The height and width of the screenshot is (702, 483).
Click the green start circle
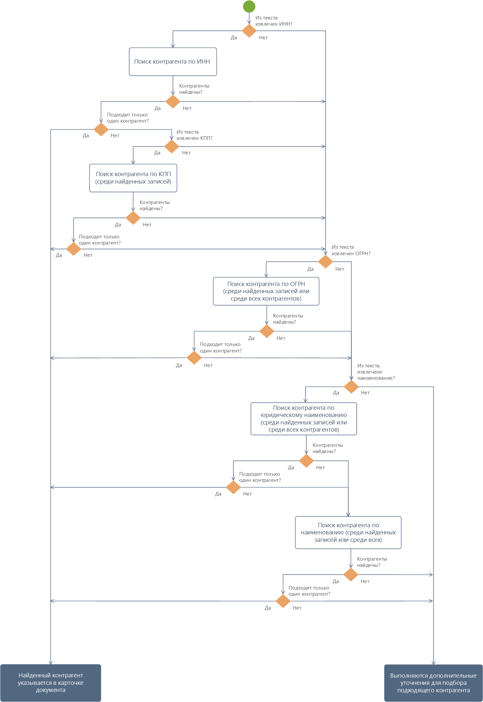[x=249, y=6]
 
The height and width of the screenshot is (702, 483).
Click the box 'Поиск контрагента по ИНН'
[x=173, y=62]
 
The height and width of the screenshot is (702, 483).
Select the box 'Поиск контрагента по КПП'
[x=133, y=178]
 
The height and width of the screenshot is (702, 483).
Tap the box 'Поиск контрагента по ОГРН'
[x=266, y=291]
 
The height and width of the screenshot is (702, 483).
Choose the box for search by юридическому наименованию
[x=304, y=419]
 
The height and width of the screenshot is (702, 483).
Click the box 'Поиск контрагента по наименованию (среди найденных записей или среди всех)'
[x=348, y=532]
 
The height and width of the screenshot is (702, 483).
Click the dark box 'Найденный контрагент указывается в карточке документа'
[x=51, y=683]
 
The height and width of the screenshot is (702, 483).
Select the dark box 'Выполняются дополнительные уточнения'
[x=433, y=683]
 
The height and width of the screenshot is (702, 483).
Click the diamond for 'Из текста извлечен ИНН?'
[x=249, y=31]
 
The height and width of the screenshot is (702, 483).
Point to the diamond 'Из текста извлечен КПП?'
[x=172, y=147]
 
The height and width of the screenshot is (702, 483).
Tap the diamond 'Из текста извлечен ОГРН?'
[x=326, y=262]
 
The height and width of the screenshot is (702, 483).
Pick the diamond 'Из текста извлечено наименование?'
[x=351, y=387]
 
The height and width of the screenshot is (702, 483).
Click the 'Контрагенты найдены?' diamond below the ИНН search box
[x=173, y=101]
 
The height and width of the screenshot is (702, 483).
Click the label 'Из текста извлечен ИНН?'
[x=274, y=21]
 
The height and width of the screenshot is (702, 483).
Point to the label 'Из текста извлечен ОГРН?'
[x=351, y=250]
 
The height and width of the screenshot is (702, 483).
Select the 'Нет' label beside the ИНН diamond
[x=263, y=38]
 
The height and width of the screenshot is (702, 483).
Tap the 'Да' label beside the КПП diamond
[x=157, y=153]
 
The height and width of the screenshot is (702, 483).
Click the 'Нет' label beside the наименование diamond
[x=365, y=393]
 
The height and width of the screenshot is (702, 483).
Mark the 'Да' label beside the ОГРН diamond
[x=310, y=269]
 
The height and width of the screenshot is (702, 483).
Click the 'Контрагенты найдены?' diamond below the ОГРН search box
[x=267, y=331]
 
